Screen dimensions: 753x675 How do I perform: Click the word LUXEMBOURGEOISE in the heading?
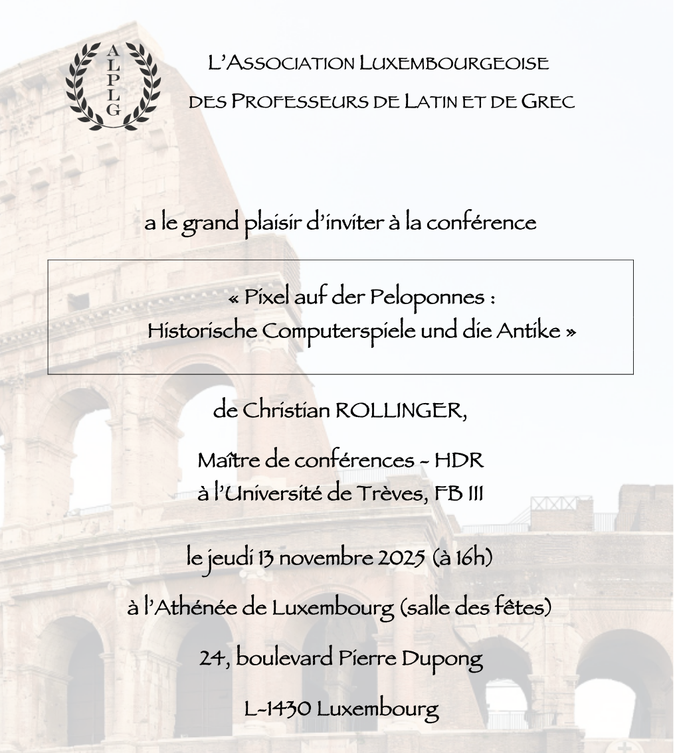point(454,64)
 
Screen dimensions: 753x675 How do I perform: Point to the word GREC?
point(548,102)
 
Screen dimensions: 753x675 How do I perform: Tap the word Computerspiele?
point(339,330)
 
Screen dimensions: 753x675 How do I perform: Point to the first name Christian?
point(286,410)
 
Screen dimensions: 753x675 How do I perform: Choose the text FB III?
point(458,494)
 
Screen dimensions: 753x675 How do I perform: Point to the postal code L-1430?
point(277,709)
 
